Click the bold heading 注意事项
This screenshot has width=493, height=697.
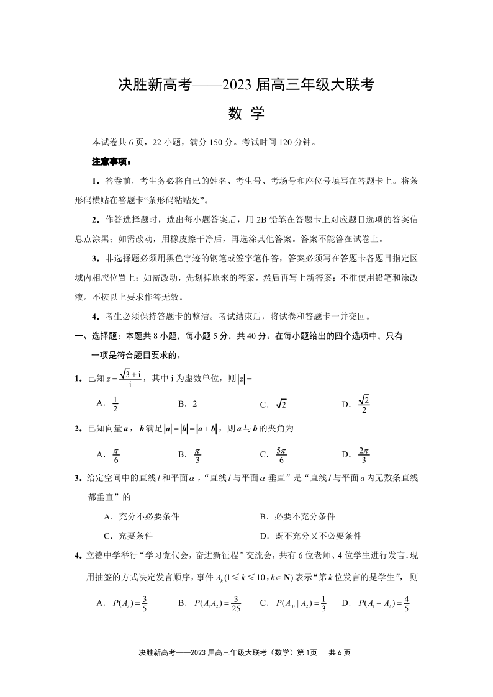point(111,162)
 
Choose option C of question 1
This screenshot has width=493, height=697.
point(273,404)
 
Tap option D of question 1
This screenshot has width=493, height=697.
point(358,403)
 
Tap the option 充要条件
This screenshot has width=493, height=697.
point(128,536)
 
